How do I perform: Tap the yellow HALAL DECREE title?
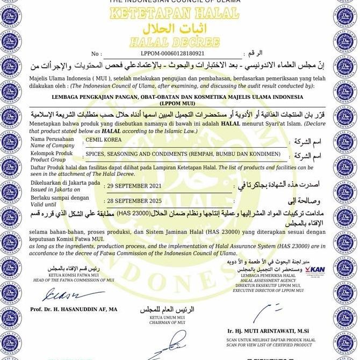coord(175,42)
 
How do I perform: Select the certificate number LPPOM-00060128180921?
coord(172,54)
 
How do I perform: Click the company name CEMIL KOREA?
coord(104,140)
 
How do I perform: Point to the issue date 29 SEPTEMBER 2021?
coord(135,186)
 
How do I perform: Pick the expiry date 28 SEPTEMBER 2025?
coord(135,200)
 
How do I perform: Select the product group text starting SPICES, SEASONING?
coord(183,154)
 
